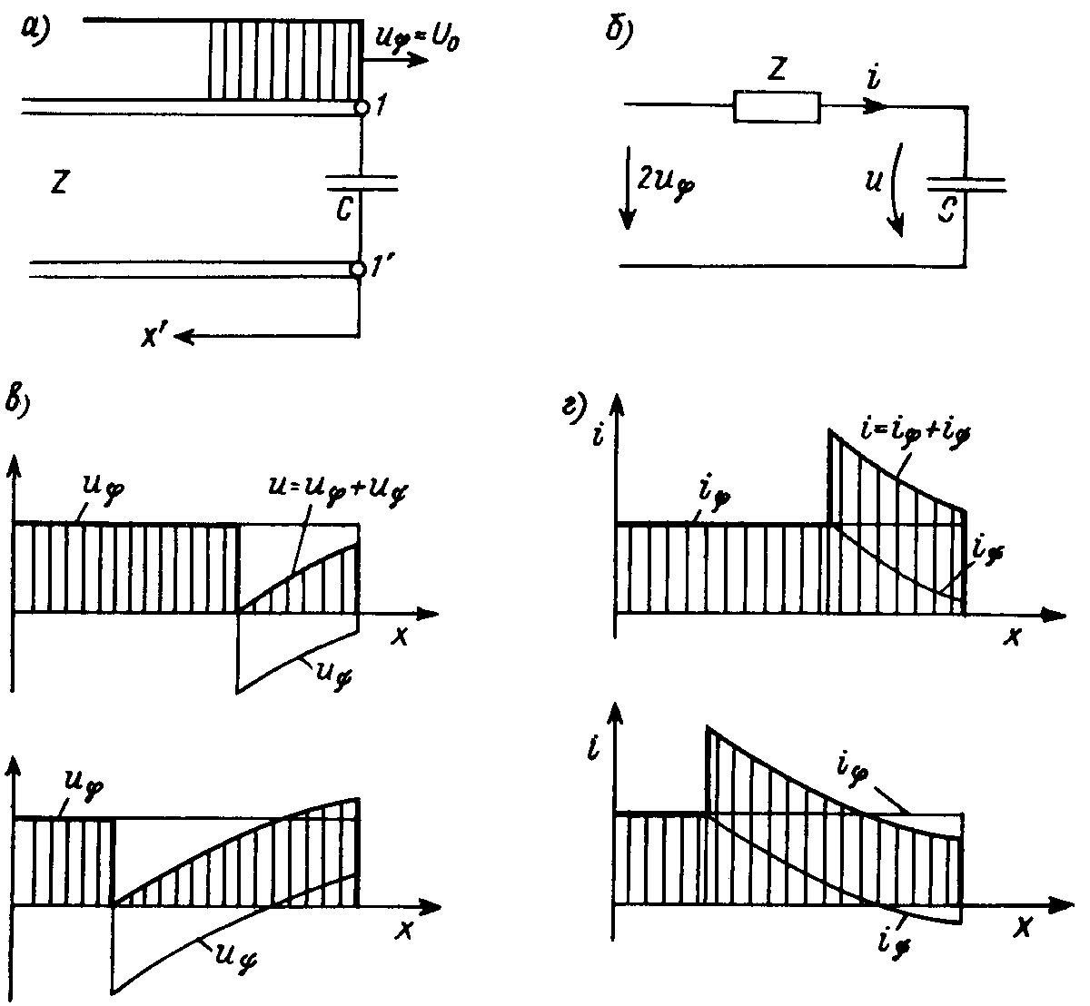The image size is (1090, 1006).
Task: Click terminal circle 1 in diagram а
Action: (362, 108)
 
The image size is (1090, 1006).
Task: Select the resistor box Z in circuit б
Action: (777, 107)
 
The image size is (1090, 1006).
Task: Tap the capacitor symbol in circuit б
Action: (966, 185)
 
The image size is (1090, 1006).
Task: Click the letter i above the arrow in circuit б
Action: (874, 79)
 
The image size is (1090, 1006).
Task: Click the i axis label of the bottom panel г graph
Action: (592, 749)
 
